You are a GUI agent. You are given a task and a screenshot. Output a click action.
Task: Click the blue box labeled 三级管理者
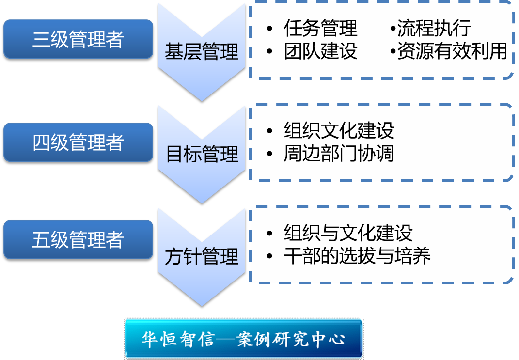tap(78, 39)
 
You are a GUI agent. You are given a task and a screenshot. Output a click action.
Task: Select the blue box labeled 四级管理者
tap(78, 142)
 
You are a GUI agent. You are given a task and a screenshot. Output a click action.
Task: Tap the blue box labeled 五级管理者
tap(78, 239)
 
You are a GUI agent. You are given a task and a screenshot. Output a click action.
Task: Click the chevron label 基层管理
tap(202, 52)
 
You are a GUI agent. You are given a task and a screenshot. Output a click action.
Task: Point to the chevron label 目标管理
tap(202, 154)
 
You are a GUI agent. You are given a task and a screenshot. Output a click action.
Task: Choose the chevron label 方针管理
tap(202, 256)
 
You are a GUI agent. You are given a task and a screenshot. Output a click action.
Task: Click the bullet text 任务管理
tap(321, 28)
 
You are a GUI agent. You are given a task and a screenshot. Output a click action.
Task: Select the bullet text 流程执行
tap(434, 28)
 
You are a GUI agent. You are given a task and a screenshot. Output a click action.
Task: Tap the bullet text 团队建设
tap(321, 51)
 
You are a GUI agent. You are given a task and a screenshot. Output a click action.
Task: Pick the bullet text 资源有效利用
tap(452, 51)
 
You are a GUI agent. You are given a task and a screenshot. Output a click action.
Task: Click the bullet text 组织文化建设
tap(339, 130)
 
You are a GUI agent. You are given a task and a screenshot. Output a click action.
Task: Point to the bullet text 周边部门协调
tap(339, 153)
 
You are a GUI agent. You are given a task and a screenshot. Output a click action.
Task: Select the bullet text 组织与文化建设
tap(348, 233)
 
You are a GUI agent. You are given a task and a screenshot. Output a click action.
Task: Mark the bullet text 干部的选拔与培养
tap(357, 255)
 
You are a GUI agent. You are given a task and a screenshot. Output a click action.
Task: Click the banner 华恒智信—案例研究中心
tap(244, 339)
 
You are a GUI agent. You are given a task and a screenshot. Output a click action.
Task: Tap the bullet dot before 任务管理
tap(269, 29)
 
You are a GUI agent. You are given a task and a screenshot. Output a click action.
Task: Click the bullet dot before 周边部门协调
tap(269, 154)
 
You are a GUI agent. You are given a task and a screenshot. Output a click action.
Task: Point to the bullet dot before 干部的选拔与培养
tap(269, 256)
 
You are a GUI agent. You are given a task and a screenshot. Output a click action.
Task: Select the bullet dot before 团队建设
tap(269, 51)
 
